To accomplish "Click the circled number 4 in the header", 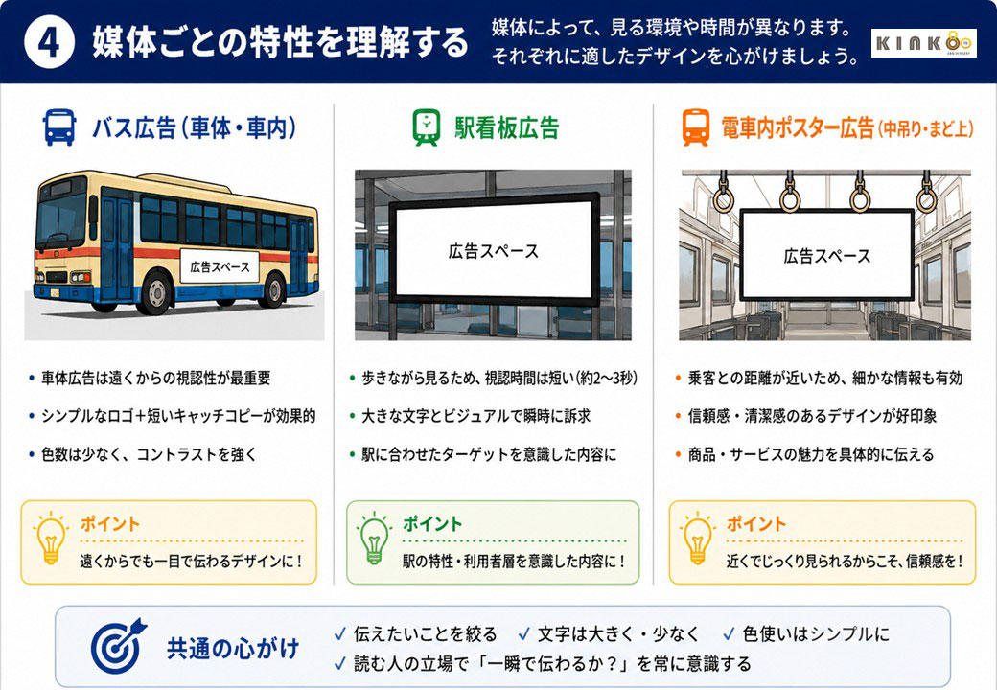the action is tap(49, 42).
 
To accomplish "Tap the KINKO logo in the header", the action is tap(923, 43).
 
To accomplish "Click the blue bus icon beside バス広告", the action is tap(59, 127).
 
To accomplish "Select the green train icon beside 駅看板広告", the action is tap(426, 127).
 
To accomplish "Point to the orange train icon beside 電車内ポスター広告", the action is tap(696, 127).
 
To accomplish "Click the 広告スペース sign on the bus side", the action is tap(220, 266).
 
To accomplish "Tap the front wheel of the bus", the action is tap(154, 293).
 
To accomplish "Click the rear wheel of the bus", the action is tap(273, 289).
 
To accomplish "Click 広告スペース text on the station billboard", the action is tap(493, 252).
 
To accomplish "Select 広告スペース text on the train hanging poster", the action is tap(826, 256).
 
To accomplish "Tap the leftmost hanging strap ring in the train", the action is tap(724, 197).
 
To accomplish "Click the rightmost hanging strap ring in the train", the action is tap(926, 197).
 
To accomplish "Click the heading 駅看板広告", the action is tap(507, 127).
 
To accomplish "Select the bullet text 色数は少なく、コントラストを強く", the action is tap(150, 454).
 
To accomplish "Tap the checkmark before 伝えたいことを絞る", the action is tap(340, 634).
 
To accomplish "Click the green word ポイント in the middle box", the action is tap(432, 524).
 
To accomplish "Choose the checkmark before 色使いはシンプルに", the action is tap(730, 634).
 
